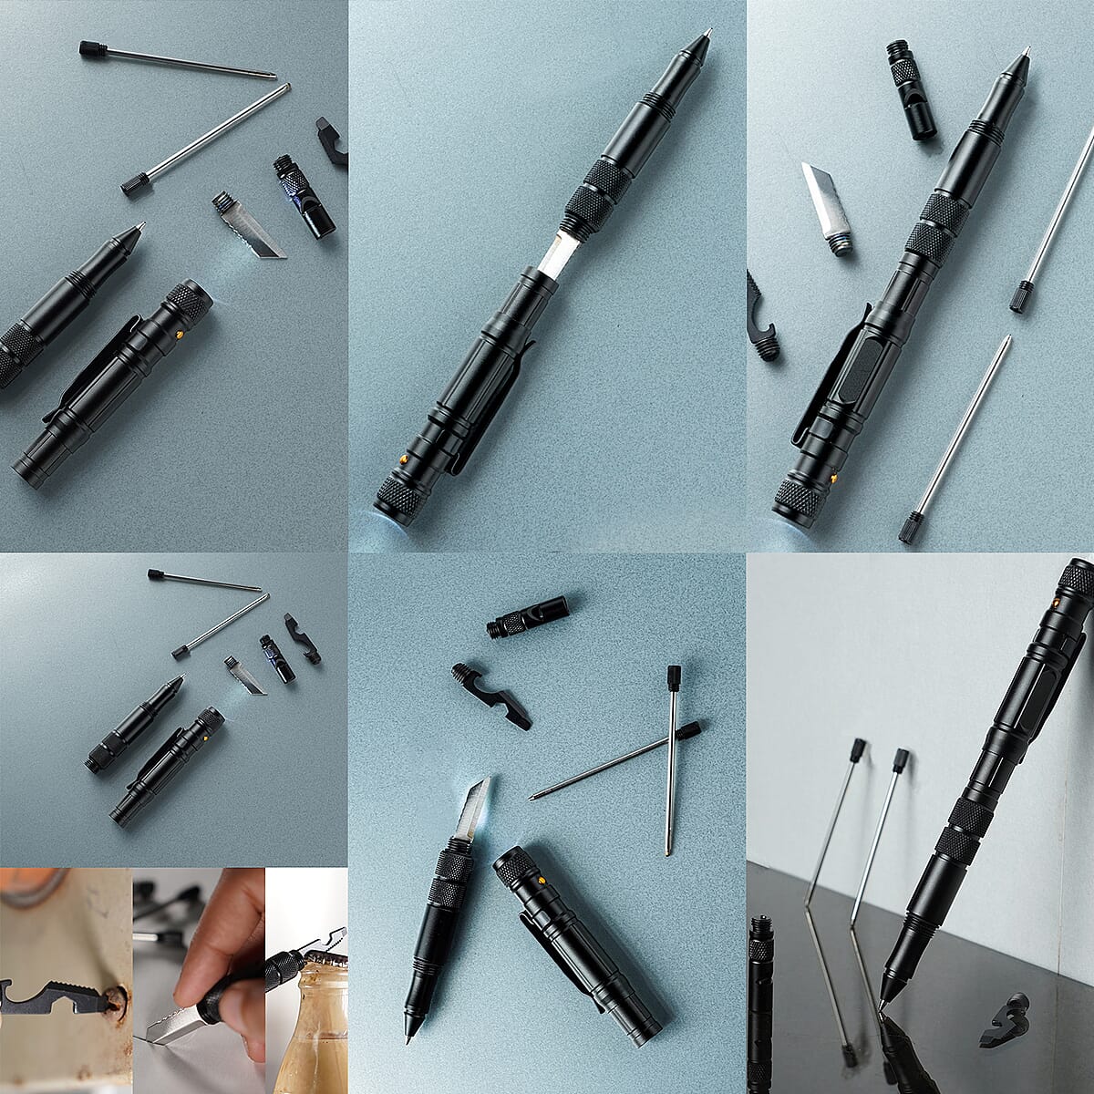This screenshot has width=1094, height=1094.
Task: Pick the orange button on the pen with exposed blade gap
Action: [x=402, y=457]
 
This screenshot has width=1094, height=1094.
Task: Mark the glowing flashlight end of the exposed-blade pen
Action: [x=390, y=506]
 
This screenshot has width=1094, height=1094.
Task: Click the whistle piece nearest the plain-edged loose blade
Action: [x=910, y=90]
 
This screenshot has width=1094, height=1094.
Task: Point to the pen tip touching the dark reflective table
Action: [x=882, y=1003]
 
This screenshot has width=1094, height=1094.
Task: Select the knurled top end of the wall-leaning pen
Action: [x=1078, y=579]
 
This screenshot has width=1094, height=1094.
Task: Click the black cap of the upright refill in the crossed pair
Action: [x=675, y=676]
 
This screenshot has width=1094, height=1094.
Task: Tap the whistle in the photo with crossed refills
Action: [x=529, y=615]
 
